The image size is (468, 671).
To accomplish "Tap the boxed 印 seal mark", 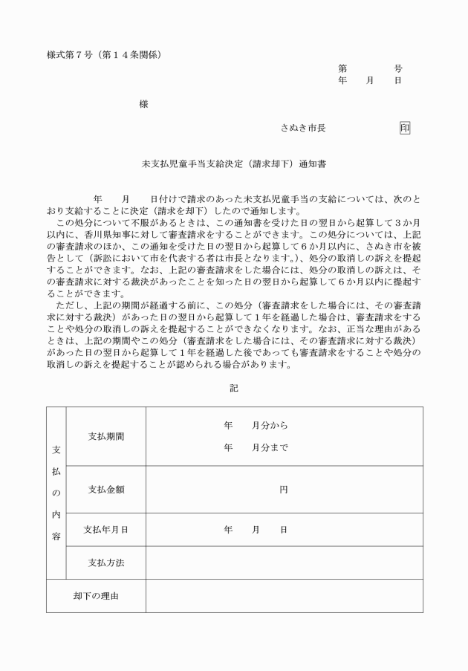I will [404, 128].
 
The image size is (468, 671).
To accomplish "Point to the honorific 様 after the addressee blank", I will [143, 104].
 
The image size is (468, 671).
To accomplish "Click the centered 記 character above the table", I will [234, 387].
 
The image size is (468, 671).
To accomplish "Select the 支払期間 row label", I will [106, 436].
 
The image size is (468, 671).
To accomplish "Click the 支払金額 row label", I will [106, 489].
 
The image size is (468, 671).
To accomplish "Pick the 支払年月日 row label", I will [106, 530].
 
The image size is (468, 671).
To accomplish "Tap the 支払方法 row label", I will [106, 563].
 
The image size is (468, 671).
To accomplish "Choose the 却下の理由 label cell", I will [96, 596].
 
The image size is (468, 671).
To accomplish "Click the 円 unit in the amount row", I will [284, 489].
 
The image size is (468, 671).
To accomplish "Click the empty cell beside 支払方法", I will [284, 563].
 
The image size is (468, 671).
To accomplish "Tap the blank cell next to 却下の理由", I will [284, 596].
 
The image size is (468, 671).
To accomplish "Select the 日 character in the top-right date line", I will [398, 80].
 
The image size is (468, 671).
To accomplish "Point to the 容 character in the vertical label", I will [56, 535].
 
